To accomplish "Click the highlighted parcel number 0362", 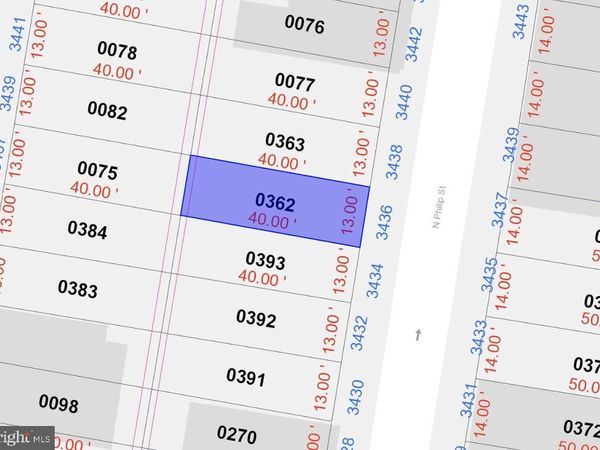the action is click(275, 203).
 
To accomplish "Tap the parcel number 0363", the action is click(284, 143).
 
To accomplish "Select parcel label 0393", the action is click(265, 262).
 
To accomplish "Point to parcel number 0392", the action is click(256, 318).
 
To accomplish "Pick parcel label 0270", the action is click(237, 435).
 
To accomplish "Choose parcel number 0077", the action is click(294, 83).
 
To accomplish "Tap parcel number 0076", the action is click(305, 25).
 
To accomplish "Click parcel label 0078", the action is click(117, 50).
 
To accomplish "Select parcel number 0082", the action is click(107, 109).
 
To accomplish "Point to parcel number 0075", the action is click(97, 170).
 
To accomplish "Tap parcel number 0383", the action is click(77, 289).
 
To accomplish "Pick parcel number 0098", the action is click(58, 403).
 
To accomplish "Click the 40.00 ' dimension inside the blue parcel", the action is click(271, 220).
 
